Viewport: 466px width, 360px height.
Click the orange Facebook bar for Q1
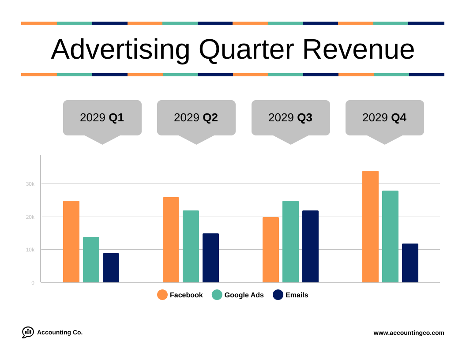coord(71,242)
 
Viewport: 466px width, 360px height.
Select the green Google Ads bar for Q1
coord(91,260)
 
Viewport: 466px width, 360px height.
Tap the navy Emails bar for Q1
coord(111,268)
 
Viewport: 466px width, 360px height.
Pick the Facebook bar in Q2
coord(171,240)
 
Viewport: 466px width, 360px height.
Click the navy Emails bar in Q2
coord(210,258)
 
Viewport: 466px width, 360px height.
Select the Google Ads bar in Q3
coord(290,242)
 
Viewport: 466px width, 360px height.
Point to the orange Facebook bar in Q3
coord(271,250)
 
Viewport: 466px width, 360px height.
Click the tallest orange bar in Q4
coord(370,227)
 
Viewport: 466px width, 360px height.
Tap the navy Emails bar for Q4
coord(410,263)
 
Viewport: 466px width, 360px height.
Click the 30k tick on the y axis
coord(30,184)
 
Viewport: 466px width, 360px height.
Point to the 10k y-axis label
coord(30,250)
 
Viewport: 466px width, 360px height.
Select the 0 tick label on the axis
coord(33,283)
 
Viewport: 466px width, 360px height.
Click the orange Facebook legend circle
coord(162,295)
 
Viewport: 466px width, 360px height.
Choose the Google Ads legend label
coord(244,295)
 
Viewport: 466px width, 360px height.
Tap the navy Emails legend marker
coord(278,295)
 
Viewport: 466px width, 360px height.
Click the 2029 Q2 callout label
coord(196,117)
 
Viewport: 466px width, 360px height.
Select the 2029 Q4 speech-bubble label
coord(384,117)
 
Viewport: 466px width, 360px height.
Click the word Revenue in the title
coord(358,49)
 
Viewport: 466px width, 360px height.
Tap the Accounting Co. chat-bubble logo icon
coord(28,332)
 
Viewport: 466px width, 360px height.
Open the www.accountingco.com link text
coord(409,333)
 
